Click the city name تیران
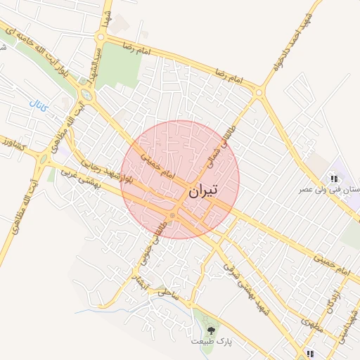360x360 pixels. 204,190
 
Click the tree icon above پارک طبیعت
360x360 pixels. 211,328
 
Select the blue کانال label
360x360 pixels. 38,108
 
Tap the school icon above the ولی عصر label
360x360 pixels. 334,179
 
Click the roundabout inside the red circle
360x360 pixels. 173,215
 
